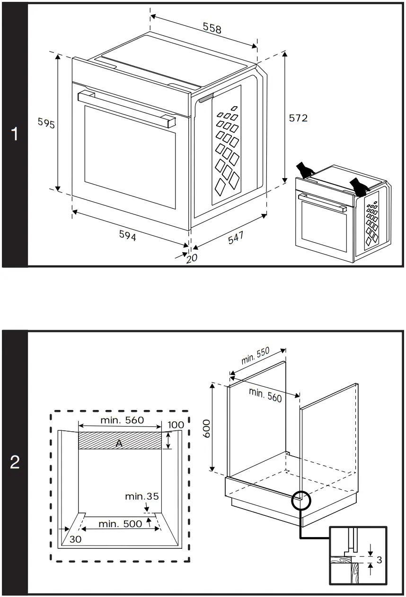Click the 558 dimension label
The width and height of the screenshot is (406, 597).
coord(212,28)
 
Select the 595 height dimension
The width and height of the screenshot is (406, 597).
coord(46,124)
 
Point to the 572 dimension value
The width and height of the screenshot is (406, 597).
coord(298,118)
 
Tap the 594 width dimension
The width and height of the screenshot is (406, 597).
coord(127,236)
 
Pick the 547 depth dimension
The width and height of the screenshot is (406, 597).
coord(236,238)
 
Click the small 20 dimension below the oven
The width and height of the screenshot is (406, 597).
coord(191,258)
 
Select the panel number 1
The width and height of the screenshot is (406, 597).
coord(15,135)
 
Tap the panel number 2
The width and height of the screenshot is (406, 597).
coord(15,463)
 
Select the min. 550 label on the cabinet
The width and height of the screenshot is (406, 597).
coord(255,356)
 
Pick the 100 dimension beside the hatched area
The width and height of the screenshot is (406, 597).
coord(176,425)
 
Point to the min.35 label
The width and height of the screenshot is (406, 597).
coord(141,496)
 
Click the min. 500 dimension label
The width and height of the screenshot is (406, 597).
coord(120,523)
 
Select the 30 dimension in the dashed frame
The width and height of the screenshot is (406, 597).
coord(75,539)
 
